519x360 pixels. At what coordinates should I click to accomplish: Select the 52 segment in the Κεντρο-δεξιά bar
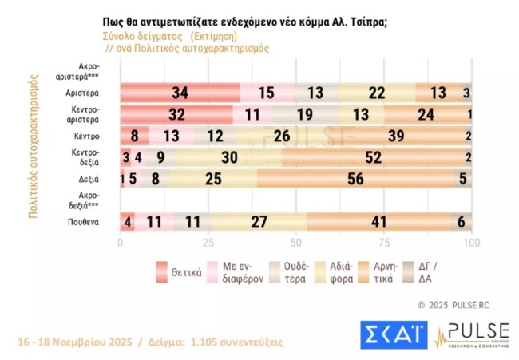372,157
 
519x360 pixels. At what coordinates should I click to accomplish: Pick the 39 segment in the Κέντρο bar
394,136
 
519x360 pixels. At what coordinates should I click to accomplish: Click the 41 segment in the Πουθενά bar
378,222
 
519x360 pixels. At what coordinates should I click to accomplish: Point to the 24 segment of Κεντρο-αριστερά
426,114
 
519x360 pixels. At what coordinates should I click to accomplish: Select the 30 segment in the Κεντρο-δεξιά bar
229,157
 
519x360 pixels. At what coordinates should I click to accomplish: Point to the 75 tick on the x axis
384,243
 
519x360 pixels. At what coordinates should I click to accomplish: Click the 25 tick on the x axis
208,243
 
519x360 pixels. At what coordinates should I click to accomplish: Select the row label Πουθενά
84,222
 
